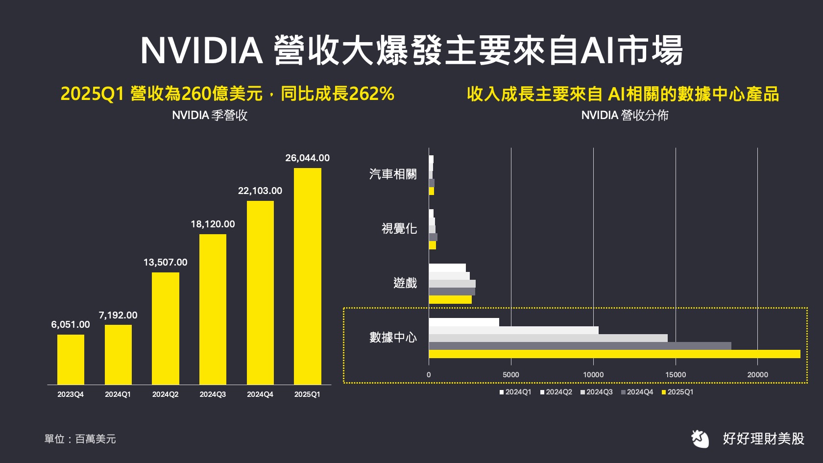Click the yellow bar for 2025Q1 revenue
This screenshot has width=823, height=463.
click(x=307, y=276)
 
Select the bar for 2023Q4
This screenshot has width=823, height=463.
click(x=71, y=360)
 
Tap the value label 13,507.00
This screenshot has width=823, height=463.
click(x=165, y=262)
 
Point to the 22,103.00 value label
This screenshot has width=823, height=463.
click(x=260, y=191)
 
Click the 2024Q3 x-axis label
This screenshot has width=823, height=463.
click(x=213, y=394)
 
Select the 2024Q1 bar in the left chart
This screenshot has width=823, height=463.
click(x=118, y=355)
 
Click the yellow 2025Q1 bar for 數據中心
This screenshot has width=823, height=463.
click(x=614, y=354)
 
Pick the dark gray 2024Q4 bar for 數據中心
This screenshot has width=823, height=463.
click(x=580, y=346)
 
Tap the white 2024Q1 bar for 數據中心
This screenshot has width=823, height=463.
click(x=463, y=322)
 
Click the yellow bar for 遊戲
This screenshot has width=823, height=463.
click(x=450, y=300)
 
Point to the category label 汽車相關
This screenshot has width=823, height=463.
click(x=393, y=174)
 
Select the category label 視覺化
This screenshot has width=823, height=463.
click(x=399, y=229)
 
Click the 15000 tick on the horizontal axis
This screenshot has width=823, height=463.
click(x=675, y=375)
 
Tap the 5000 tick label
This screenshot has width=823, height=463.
click(x=510, y=375)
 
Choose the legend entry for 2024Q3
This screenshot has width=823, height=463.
click(x=596, y=392)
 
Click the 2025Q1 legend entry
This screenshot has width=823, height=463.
click(x=678, y=392)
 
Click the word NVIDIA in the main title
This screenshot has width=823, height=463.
click(x=201, y=51)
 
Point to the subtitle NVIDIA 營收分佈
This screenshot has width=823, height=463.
click(x=625, y=115)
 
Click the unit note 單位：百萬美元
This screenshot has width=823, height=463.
click(x=80, y=439)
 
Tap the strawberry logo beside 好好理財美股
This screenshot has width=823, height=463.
click(x=701, y=439)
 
